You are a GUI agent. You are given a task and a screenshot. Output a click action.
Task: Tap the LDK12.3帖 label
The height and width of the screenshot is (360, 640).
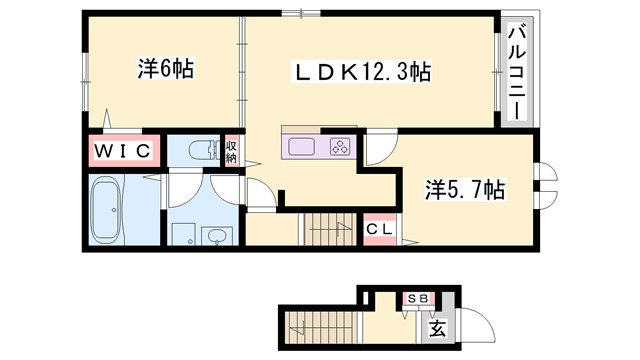click(361, 72)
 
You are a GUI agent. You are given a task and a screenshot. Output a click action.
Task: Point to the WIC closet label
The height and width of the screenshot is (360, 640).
click(122, 151)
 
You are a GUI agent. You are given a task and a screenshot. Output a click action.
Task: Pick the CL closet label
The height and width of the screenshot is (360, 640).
click(378, 230)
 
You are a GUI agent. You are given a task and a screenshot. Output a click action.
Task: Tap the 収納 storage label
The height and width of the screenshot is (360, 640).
click(230, 151)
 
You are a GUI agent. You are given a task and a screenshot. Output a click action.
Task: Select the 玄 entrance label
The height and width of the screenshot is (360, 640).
click(437, 327)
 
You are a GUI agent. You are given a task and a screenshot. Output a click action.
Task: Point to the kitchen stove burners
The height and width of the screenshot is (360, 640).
click(340, 148)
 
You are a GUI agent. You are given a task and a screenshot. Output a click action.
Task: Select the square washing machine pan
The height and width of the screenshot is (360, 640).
click(183, 237)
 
